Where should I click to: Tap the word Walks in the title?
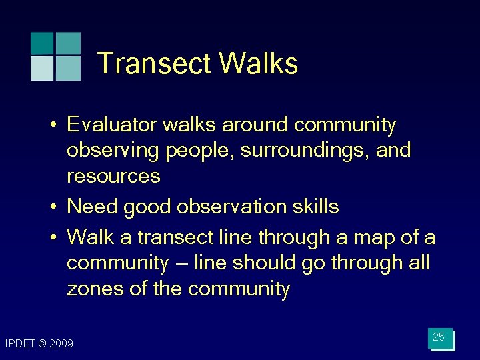tap(258, 64)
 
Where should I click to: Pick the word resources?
tap(113, 177)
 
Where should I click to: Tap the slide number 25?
tap(439, 337)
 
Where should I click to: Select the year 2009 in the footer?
tap(61, 344)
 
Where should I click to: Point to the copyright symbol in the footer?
tap(42, 344)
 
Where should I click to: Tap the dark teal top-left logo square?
tap(42, 43)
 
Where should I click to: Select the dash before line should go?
tap(181, 264)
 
